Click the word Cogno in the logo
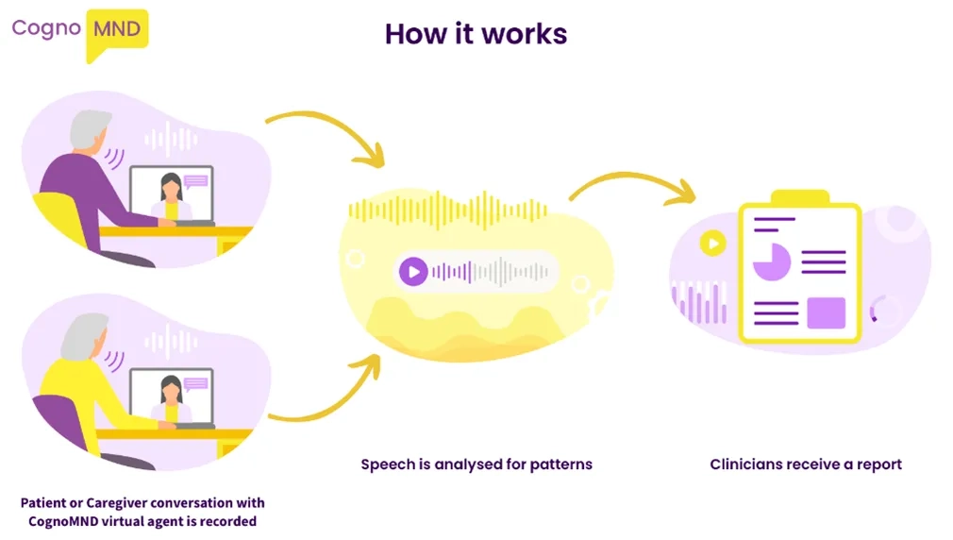click(x=44, y=27)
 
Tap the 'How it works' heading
click(x=476, y=34)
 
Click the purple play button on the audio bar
click(x=412, y=272)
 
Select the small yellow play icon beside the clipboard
click(x=712, y=244)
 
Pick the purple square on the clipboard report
click(x=826, y=312)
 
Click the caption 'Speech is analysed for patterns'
click(x=476, y=464)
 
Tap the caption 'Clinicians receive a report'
click(x=806, y=464)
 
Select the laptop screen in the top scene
click(x=172, y=194)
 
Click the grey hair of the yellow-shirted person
click(x=82, y=333)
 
